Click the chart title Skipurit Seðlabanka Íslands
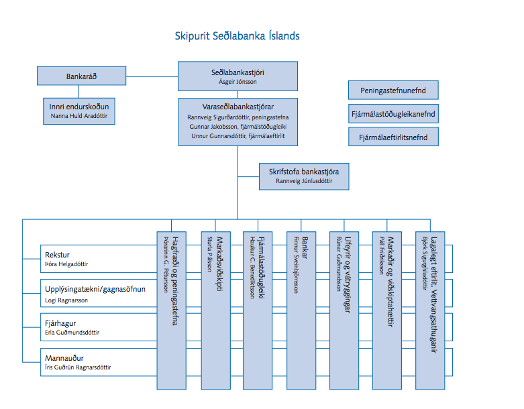click(236, 36)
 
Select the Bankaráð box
click(81, 76)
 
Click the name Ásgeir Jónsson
click(238, 82)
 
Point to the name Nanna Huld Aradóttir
click(79, 116)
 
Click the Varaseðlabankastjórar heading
click(238, 107)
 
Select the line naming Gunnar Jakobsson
click(238, 126)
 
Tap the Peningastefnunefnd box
click(393, 90)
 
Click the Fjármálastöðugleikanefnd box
click(393, 114)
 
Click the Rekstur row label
click(58, 255)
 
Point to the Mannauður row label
click(64, 358)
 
